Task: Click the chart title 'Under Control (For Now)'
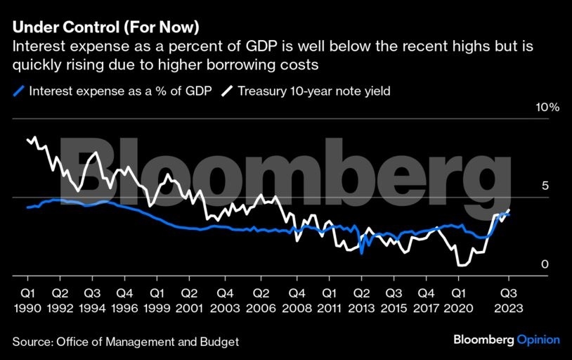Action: [105, 29]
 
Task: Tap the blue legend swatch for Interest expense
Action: [19, 91]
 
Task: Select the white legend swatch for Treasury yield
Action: [227, 91]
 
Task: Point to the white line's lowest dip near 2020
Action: [461, 265]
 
